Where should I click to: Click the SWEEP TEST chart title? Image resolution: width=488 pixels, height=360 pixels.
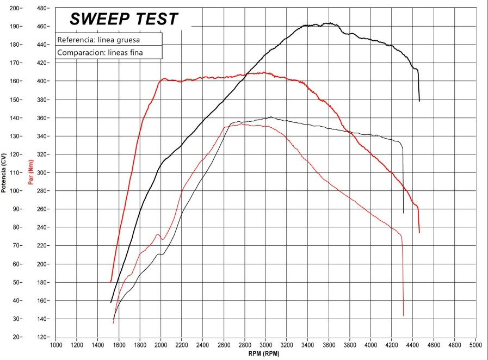(x=124, y=20)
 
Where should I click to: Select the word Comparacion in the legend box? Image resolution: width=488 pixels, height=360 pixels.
(x=77, y=53)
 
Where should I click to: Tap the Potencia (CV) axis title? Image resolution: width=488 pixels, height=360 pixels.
(x=4, y=173)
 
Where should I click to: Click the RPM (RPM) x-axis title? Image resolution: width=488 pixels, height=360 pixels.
(x=265, y=353)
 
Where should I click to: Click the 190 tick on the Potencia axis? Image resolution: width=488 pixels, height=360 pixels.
(x=16, y=26)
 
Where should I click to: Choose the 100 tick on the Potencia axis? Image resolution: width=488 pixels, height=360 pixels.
(x=16, y=191)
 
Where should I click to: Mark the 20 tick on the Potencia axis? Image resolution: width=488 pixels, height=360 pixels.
(x=17, y=337)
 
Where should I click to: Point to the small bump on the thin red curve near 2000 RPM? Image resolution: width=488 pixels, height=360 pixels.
(x=158, y=234)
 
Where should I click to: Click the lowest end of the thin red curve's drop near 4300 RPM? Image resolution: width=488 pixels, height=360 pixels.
(x=403, y=315)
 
